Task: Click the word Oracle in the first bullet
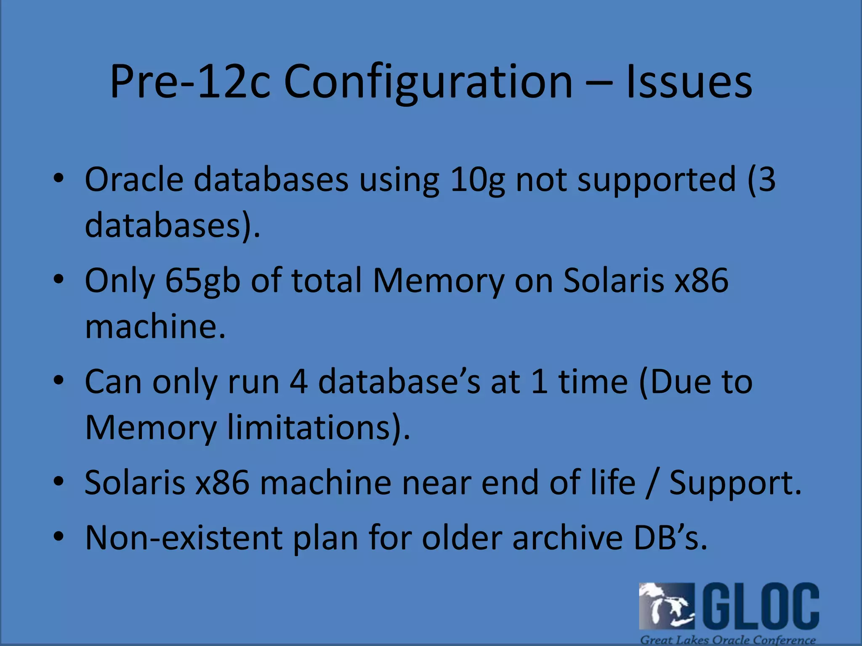point(134,180)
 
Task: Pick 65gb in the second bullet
point(202,281)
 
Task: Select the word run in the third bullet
point(253,382)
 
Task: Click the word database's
point(399,382)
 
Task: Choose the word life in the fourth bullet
point(613,482)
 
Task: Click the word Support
point(735,483)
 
